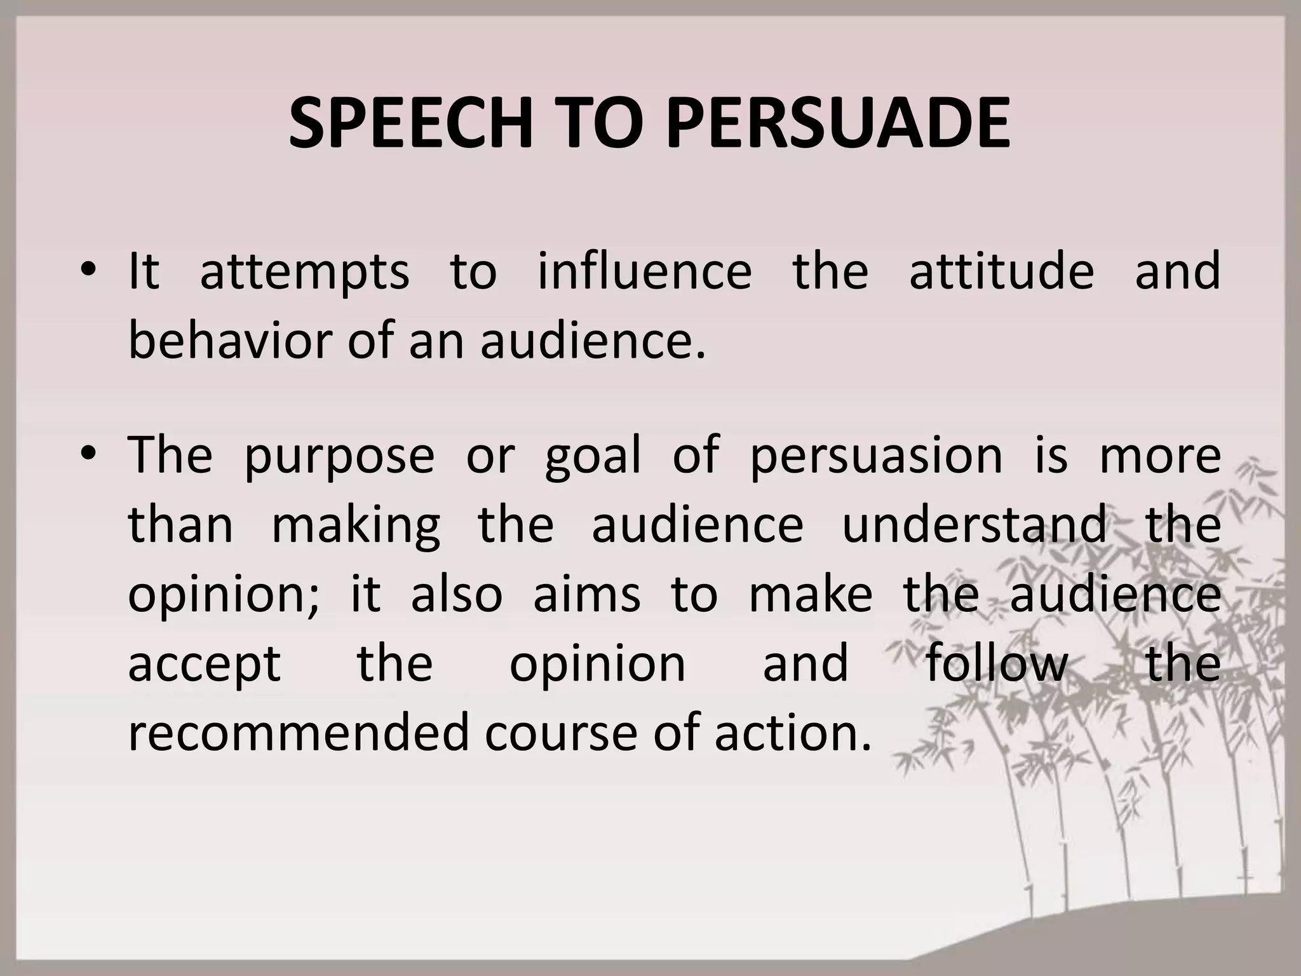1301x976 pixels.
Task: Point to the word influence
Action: pyautogui.click(x=645, y=271)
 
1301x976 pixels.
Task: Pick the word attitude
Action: pyautogui.click(x=1002, y=271)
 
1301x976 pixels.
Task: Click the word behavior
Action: pyautogui.click(x=229, y=341)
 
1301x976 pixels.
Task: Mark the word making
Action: pyautogui.click(x=356, y=526)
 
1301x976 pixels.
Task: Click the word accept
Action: pyautogui.click(x=205, y=665)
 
